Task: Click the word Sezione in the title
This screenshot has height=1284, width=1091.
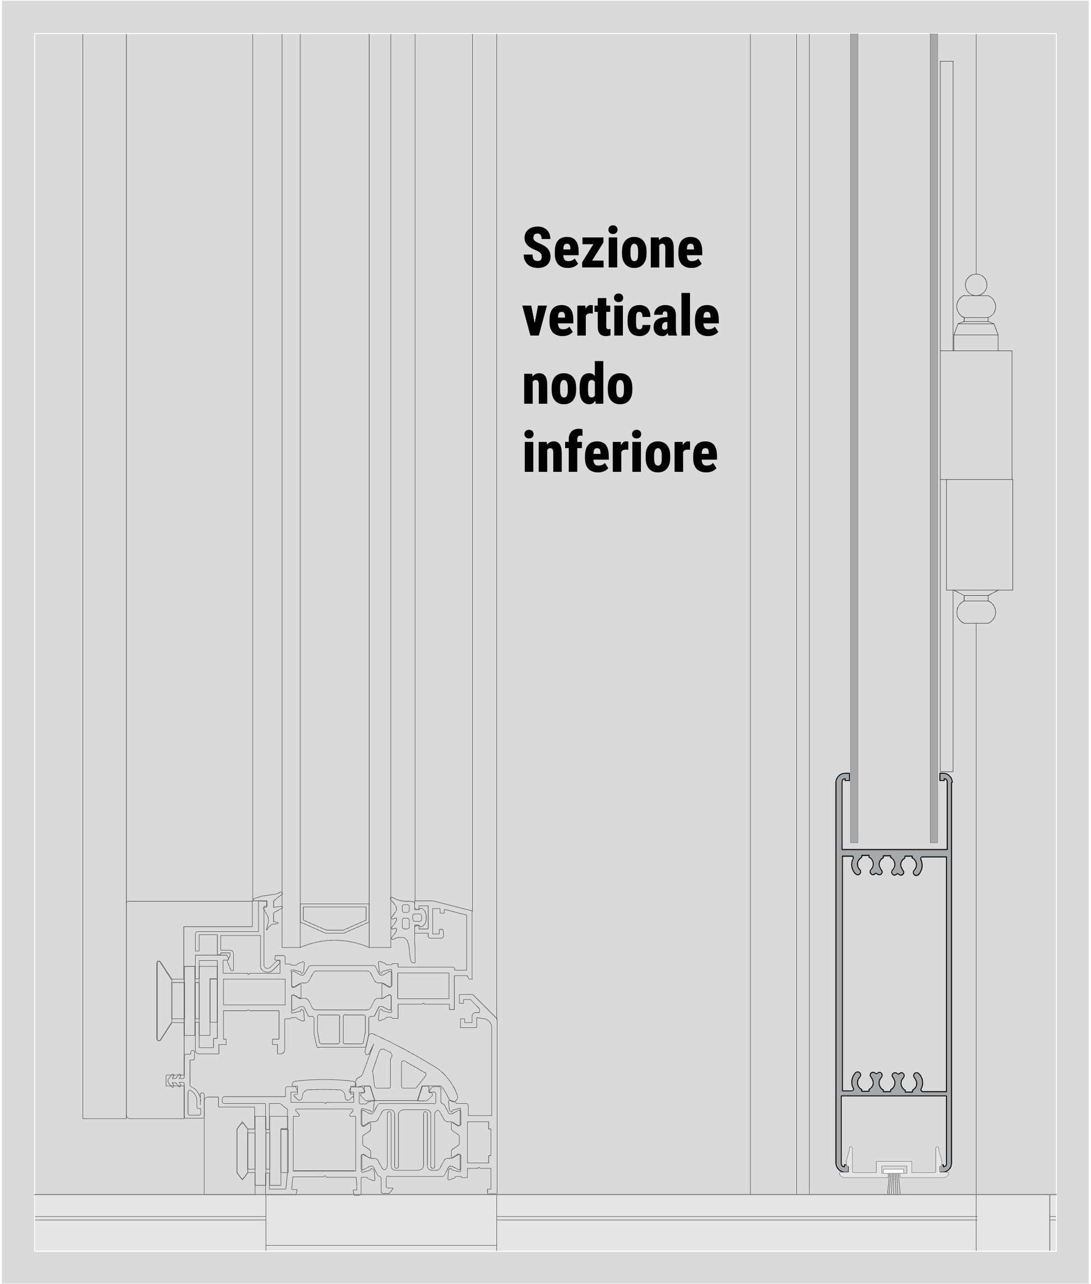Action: point(612,248)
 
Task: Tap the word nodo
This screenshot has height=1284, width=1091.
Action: point(577,385)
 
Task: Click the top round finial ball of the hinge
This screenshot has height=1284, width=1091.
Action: point(976,284)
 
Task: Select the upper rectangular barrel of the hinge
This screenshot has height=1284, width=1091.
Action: point(976,415)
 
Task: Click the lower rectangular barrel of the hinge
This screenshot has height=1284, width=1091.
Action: point(979,535)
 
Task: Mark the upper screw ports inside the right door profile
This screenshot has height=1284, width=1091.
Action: point(887,866)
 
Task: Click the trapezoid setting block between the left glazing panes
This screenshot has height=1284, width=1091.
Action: point(335,918)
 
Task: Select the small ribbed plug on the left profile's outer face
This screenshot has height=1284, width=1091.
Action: point(175,1081)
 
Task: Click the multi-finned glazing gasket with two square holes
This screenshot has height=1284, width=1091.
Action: point(409,926)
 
